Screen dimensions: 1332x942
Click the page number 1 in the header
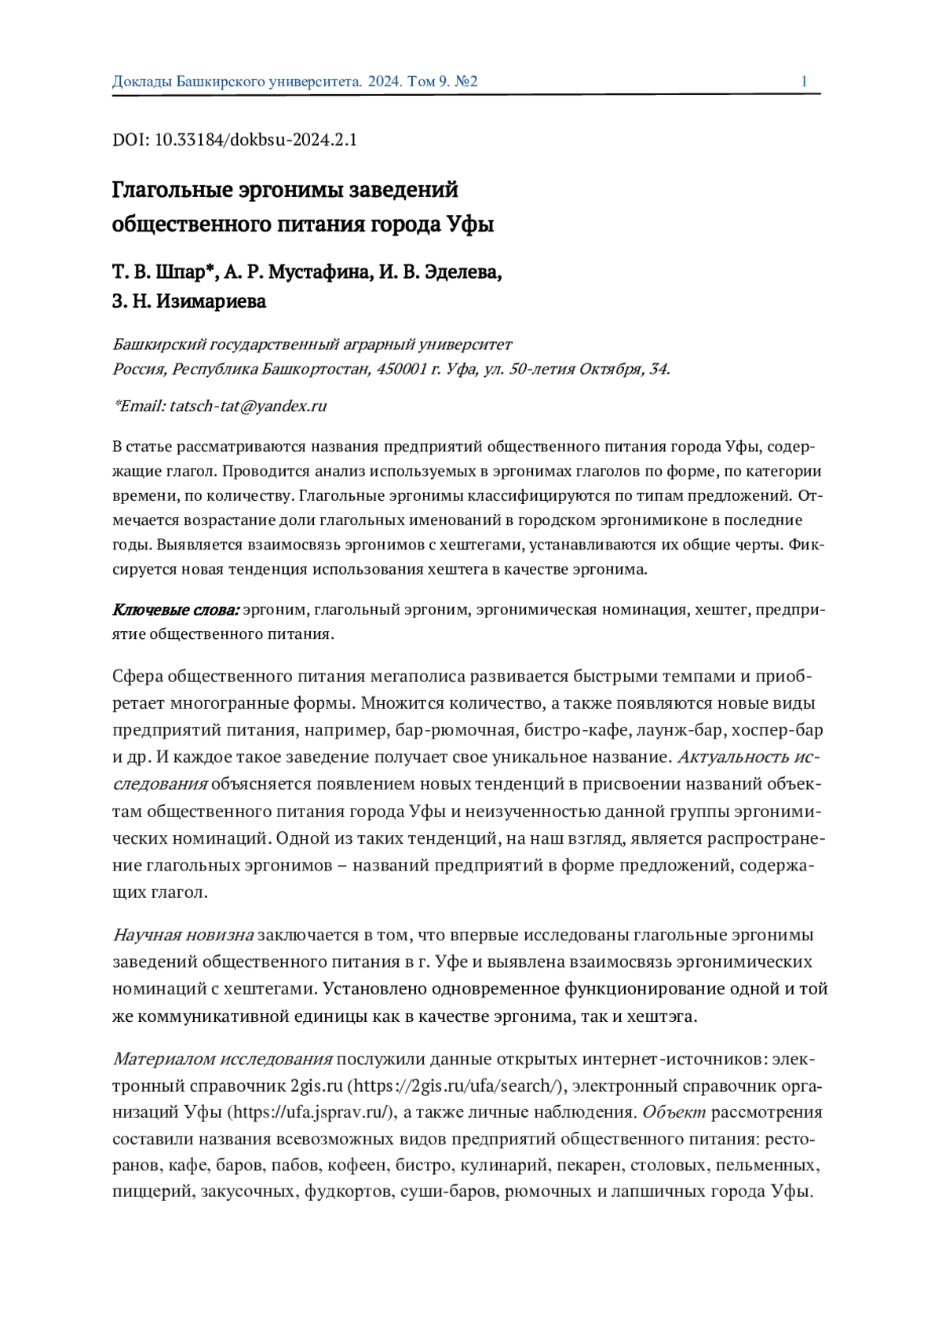pos(804,82)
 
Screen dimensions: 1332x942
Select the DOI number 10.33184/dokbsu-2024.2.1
pos(256,140)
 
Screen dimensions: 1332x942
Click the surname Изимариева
pos(211,301)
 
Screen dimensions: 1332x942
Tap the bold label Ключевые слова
pos(176,610)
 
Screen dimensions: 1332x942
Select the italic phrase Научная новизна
pos(183,935)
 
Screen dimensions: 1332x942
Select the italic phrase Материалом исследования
pos(222,1059)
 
